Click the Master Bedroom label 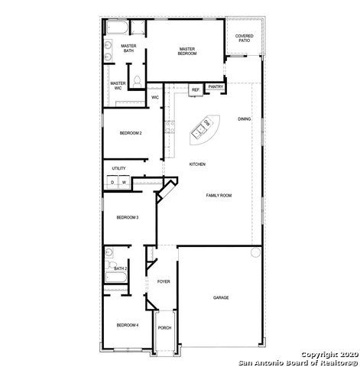coord(187,51)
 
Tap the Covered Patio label coord(244,37)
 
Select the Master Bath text coord(128,48)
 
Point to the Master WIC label coord(118,86)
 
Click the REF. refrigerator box coord(196,90)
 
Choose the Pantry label coord(216,87)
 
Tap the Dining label coord(243,119)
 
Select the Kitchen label coord(197,164)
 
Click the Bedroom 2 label coord(131,133)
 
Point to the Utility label coord(118,168)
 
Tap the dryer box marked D coord(112,183)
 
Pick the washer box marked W coord(123,183)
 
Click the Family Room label coord(219,196)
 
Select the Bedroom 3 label coord(127,217)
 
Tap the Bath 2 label coord(120,268)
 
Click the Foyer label coord(164,282)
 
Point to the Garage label coord(221,297)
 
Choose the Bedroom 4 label coord(127,325)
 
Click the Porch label coord(164,328)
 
